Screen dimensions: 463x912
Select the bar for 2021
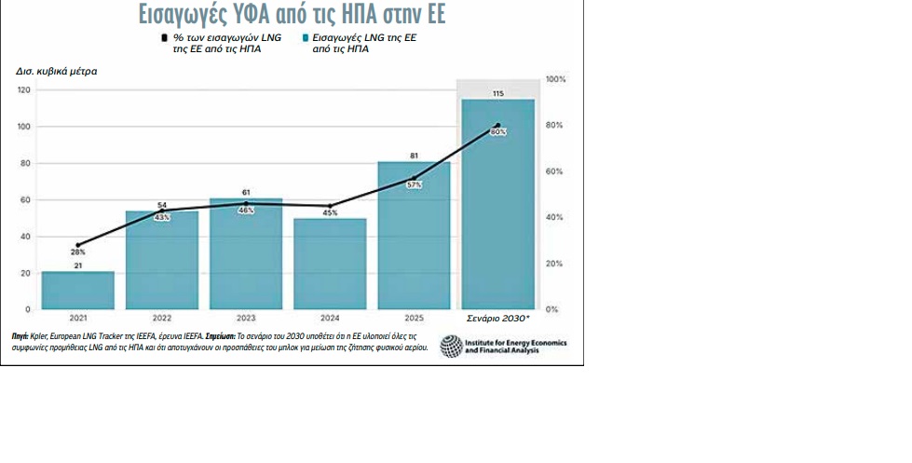coord(78,290)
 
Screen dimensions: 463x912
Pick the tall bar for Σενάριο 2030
coord(498,205)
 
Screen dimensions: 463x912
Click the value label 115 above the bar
coord(498,93)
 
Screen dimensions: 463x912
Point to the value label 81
coord(414,156)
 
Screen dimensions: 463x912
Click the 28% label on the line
coord(78,252)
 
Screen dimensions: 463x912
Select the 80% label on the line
coord(498,132)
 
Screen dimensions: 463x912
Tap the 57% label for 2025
coord(414,184)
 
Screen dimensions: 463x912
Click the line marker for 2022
coord(162,210)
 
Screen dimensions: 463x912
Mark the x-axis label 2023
coord(246,318)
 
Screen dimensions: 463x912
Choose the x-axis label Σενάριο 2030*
coord(498,318)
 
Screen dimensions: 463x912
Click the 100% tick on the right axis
coord(556,80)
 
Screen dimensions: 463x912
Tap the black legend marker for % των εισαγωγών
coord(165,38)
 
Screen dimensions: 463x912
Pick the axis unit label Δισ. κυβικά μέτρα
coord(56,72)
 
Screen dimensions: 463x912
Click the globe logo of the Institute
coord(451,347)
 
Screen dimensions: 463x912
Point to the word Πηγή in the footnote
coord(20,334)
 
